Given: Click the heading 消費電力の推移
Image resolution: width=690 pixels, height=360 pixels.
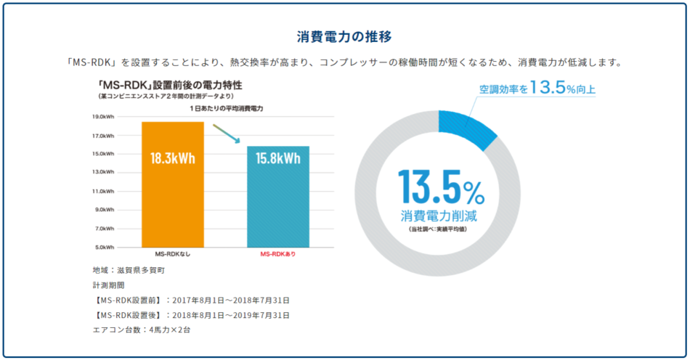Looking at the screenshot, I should pyautogui.click(x=345, y=36).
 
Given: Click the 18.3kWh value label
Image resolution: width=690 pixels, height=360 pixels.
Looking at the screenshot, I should pyautogui.click(x=173, y=159).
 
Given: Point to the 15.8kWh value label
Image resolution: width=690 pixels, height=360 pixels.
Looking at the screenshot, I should pyautogui.click(x=278, y=159).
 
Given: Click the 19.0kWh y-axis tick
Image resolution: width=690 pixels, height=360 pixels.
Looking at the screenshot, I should pyautogui.click(x=102, y=116).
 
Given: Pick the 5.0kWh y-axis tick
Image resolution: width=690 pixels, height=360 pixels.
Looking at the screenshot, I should pyautogui.click(x=102, y=247).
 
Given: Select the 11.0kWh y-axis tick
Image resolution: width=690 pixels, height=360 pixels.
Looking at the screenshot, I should pyautogui.click(x=102, y=191).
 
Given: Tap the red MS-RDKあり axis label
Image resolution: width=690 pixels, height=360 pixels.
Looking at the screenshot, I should pyautogui.click(x=278, y=255).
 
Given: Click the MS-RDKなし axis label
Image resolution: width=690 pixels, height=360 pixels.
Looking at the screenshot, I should pyautogui.click(x=173, y=255).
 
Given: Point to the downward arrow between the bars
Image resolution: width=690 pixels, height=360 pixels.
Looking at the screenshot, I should pyautogui.click(x=226, y=134).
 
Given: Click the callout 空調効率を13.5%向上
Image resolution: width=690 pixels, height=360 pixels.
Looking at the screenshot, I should pyautogui.click(x=537, y=89).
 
